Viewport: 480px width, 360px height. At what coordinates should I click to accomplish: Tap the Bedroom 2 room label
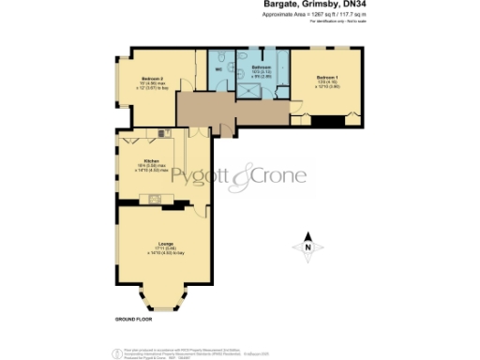pyautogui.click(x=153, y=77)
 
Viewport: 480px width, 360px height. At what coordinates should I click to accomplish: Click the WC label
pyautogui.click(x=218, y=67)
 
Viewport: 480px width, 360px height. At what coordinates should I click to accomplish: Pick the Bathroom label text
pyautogui.click(x=262, y=67)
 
